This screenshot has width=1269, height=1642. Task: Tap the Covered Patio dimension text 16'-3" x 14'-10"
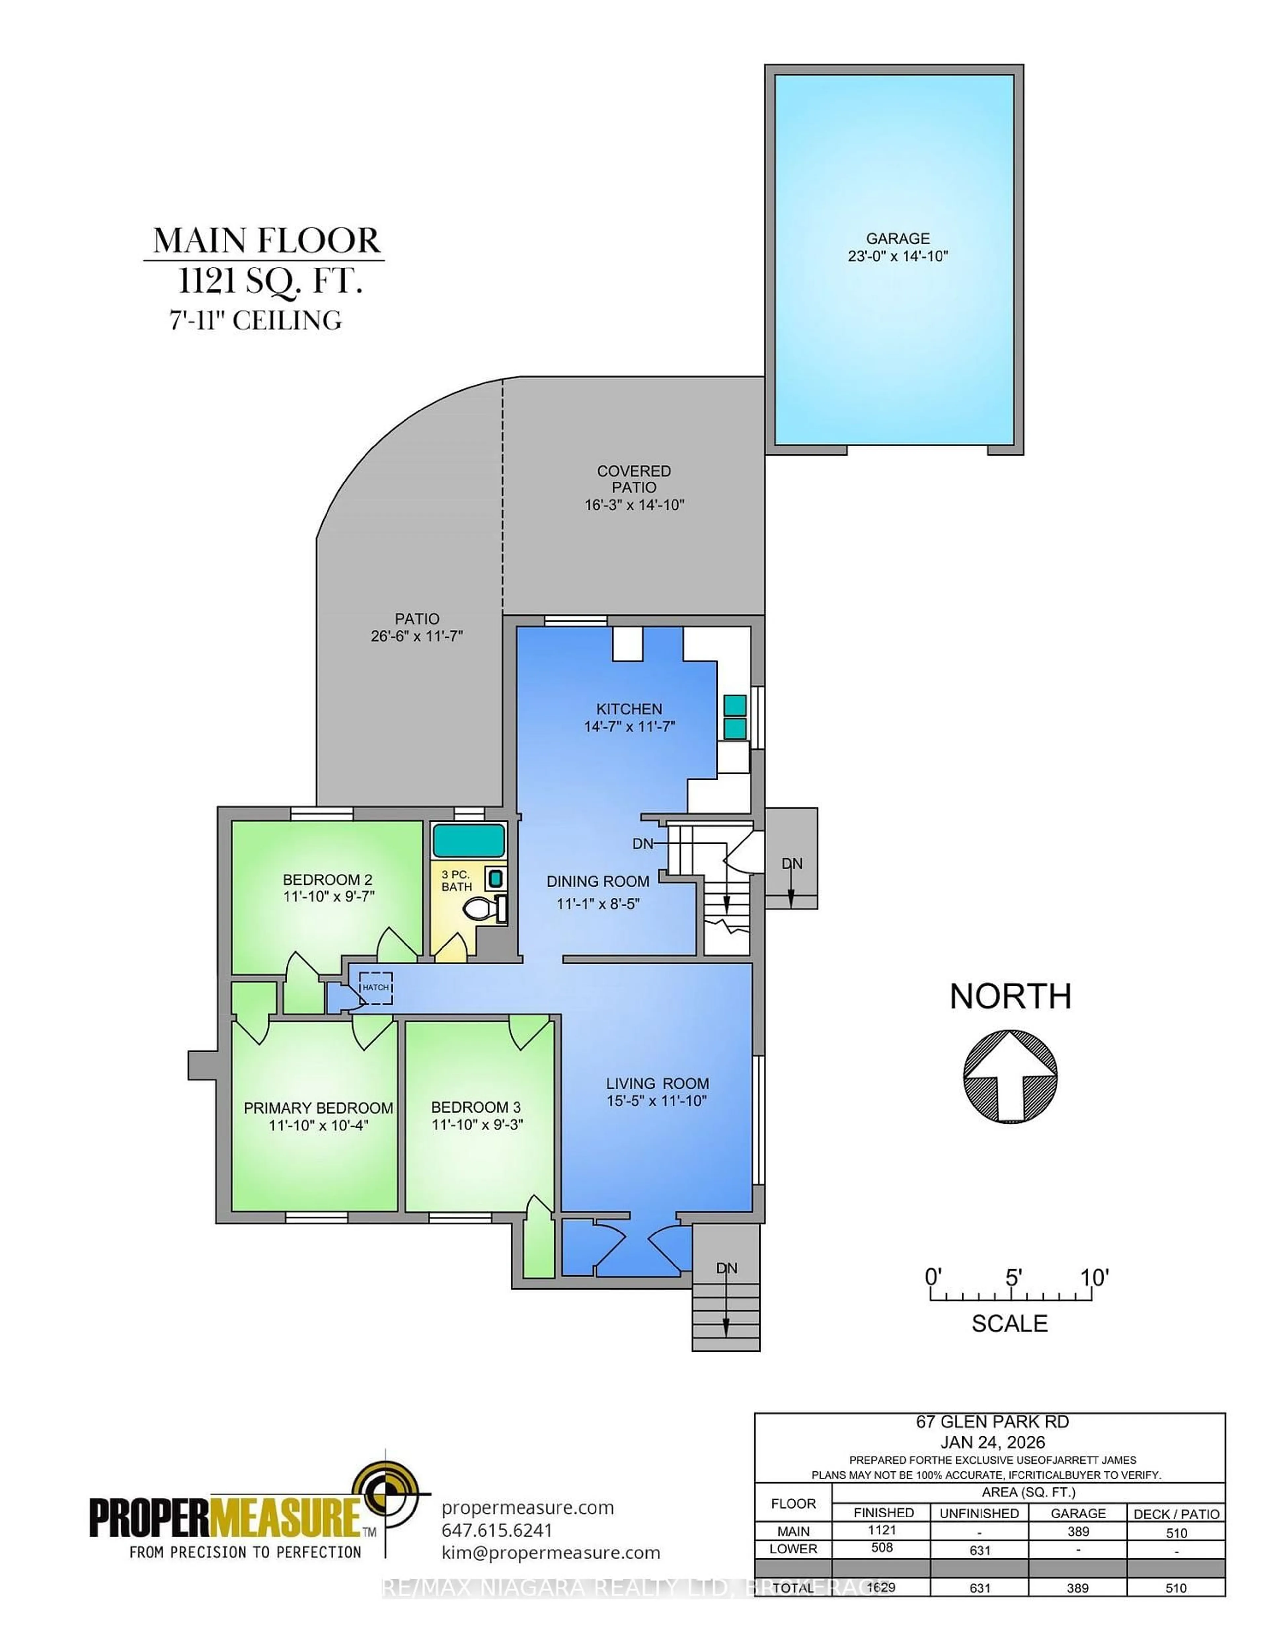(634, 505)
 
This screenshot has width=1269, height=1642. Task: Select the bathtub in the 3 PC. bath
(468, 840)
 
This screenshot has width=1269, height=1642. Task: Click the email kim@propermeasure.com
(551, 1553)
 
